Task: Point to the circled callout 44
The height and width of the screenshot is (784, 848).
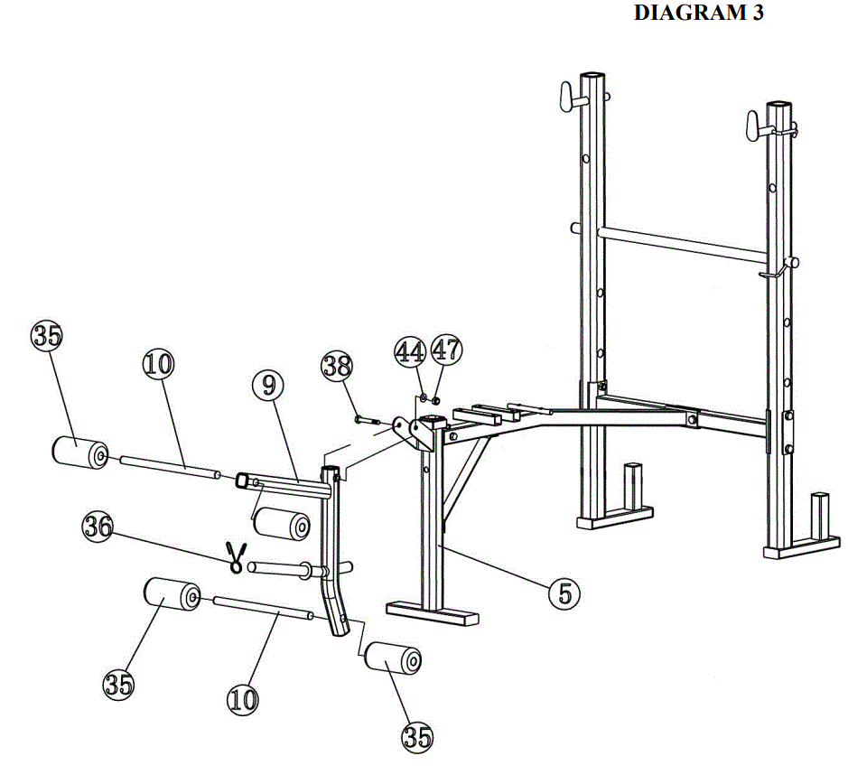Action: click(x=410, y=351)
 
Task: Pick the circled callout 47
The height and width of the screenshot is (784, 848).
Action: click(x=445, y=351)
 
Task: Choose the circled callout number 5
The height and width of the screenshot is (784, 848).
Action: click(x=564, y=593)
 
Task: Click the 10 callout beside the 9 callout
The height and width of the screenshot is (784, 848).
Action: click(x=158, y=365)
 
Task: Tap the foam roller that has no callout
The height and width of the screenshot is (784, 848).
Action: click(x=281, y=524)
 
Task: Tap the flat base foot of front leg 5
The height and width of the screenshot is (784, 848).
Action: click(x=431, y=612)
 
